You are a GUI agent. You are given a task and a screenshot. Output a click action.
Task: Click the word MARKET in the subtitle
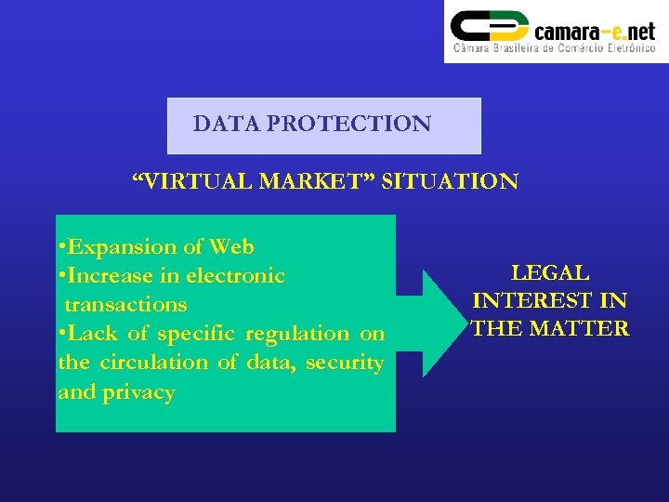315,181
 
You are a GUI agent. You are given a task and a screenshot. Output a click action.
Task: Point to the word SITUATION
450,181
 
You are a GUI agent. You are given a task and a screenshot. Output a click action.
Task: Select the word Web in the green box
231,247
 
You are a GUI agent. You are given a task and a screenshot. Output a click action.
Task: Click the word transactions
125,305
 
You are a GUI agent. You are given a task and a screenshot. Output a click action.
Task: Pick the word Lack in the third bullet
105,334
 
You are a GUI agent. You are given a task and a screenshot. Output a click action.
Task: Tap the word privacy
138,392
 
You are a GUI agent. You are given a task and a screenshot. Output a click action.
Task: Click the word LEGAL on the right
550,273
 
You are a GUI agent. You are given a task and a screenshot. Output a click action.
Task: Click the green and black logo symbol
489,30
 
